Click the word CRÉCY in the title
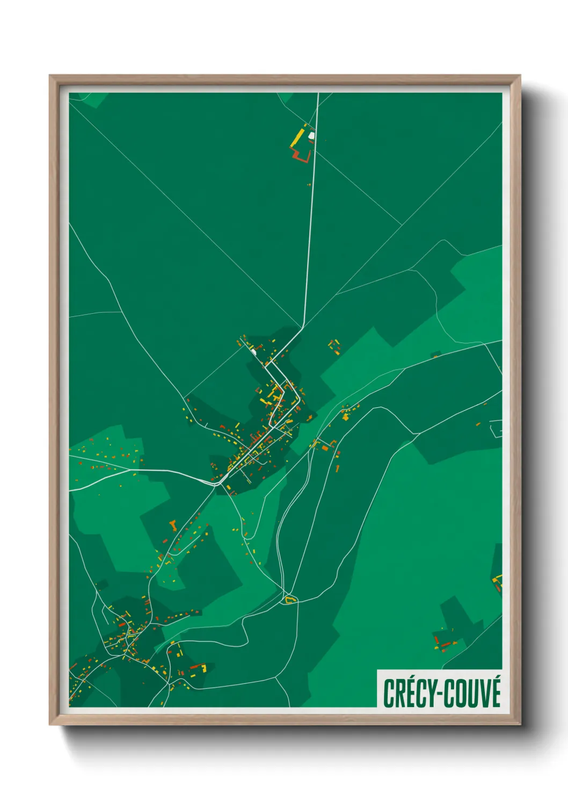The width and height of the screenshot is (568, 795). [406, 693]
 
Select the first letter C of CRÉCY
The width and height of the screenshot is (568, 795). [388, 693]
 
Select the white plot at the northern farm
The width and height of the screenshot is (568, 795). [311, 136]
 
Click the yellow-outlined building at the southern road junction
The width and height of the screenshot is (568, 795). [290, 599]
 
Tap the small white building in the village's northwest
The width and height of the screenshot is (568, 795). [253, 352]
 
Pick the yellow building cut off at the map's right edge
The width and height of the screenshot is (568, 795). [498, 580]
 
